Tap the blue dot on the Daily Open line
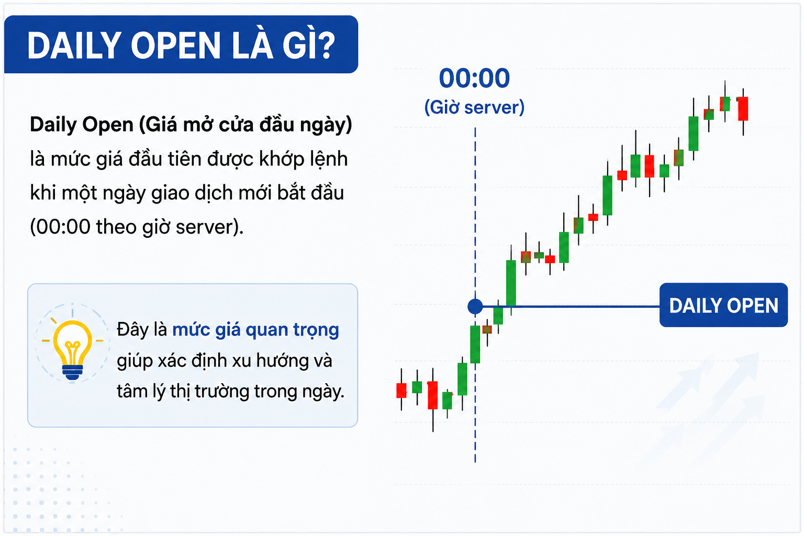pos(475,307)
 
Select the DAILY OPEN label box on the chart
pos(723,305)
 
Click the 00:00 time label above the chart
pos(474,78)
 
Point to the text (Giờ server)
pos(474,107)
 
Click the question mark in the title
pos(326,46)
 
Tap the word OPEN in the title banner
pos(175,46)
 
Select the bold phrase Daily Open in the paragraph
pos(82,125)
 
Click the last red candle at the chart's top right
pos(743,109)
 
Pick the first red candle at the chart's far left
pos(401,390)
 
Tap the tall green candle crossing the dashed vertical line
pos(475,344)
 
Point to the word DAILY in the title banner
pos(74,46)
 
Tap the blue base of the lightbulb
pos(73,372)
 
